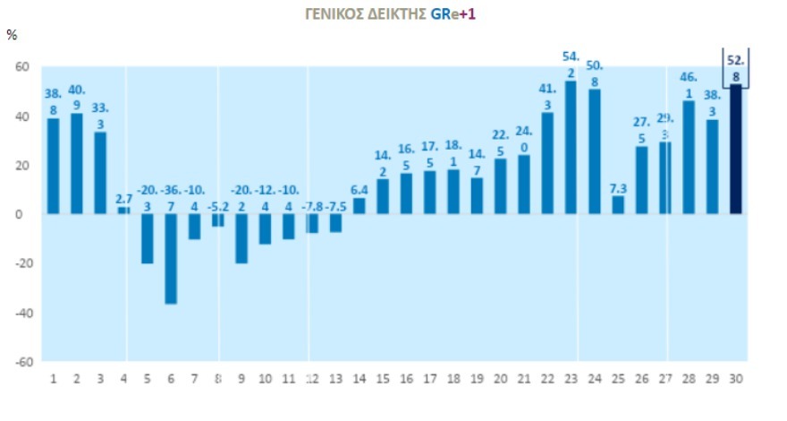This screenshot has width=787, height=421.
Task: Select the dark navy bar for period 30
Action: click(736, 149)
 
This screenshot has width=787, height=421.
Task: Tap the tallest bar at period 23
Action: click(571, 148)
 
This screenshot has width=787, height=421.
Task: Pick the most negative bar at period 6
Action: click(171, 259)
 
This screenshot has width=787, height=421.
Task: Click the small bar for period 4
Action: click(123, 210)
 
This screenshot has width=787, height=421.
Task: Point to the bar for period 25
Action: click(618, 205)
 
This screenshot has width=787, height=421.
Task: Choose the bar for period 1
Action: click(53, 167)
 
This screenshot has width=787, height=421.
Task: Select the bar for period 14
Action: click(359, 206)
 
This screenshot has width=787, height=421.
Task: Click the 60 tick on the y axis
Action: click(22, 67)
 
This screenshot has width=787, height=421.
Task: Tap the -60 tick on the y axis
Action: click(21, 362)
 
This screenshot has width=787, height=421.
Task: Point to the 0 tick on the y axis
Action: click(26, 214)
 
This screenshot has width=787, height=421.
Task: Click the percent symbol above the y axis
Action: click(12, 35)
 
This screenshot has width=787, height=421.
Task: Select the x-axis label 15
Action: click(383, 378)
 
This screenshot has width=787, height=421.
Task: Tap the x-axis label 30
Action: click(736, 378)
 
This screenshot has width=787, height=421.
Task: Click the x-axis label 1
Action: click(53, 378)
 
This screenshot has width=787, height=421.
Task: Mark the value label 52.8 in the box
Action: click(736, 68)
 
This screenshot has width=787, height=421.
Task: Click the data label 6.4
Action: click(360, 190)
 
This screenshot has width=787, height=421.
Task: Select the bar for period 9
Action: click(241, 238)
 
